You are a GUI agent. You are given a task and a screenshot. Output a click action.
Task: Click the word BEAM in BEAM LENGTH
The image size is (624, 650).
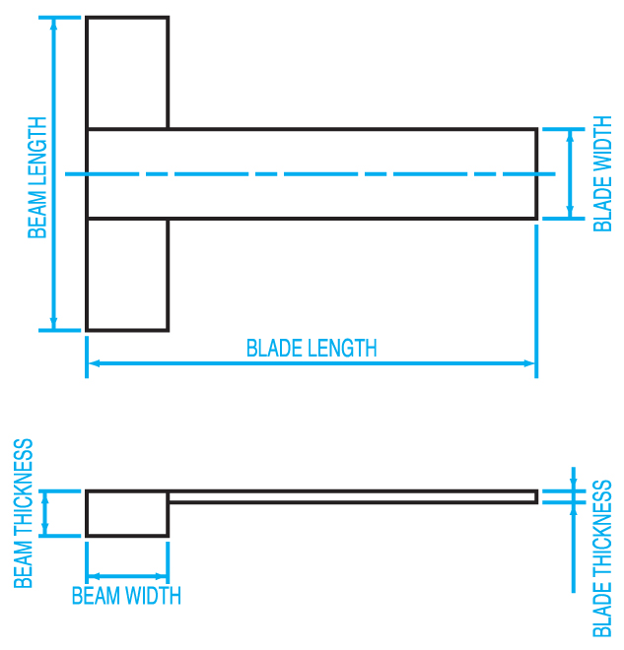pos(36,214)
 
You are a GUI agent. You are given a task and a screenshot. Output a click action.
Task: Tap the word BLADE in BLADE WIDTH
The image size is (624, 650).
pos(603,204)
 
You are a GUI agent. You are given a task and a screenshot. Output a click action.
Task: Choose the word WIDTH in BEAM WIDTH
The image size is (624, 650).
pos(154,596)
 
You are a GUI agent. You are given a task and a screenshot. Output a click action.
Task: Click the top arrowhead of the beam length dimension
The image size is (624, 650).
pos(53,24)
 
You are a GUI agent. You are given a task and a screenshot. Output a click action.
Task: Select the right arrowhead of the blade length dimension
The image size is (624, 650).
pos(529,363)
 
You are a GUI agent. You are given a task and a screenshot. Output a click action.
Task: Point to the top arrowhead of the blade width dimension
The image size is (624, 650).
pos(570,135)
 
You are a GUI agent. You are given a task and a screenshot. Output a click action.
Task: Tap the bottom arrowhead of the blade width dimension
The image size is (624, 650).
pos(570,213)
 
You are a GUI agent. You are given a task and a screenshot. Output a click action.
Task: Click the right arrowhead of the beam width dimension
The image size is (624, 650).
pos(161,576)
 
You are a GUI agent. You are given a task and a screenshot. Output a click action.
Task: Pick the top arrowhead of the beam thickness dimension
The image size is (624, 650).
pos(45,497)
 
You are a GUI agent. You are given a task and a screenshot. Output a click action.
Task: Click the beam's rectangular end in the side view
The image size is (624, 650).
pos(127,514)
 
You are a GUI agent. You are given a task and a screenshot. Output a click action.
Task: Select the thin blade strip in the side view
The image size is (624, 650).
pos(353,496)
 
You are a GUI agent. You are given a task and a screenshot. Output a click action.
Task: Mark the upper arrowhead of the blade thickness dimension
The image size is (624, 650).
pos(574,486)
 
